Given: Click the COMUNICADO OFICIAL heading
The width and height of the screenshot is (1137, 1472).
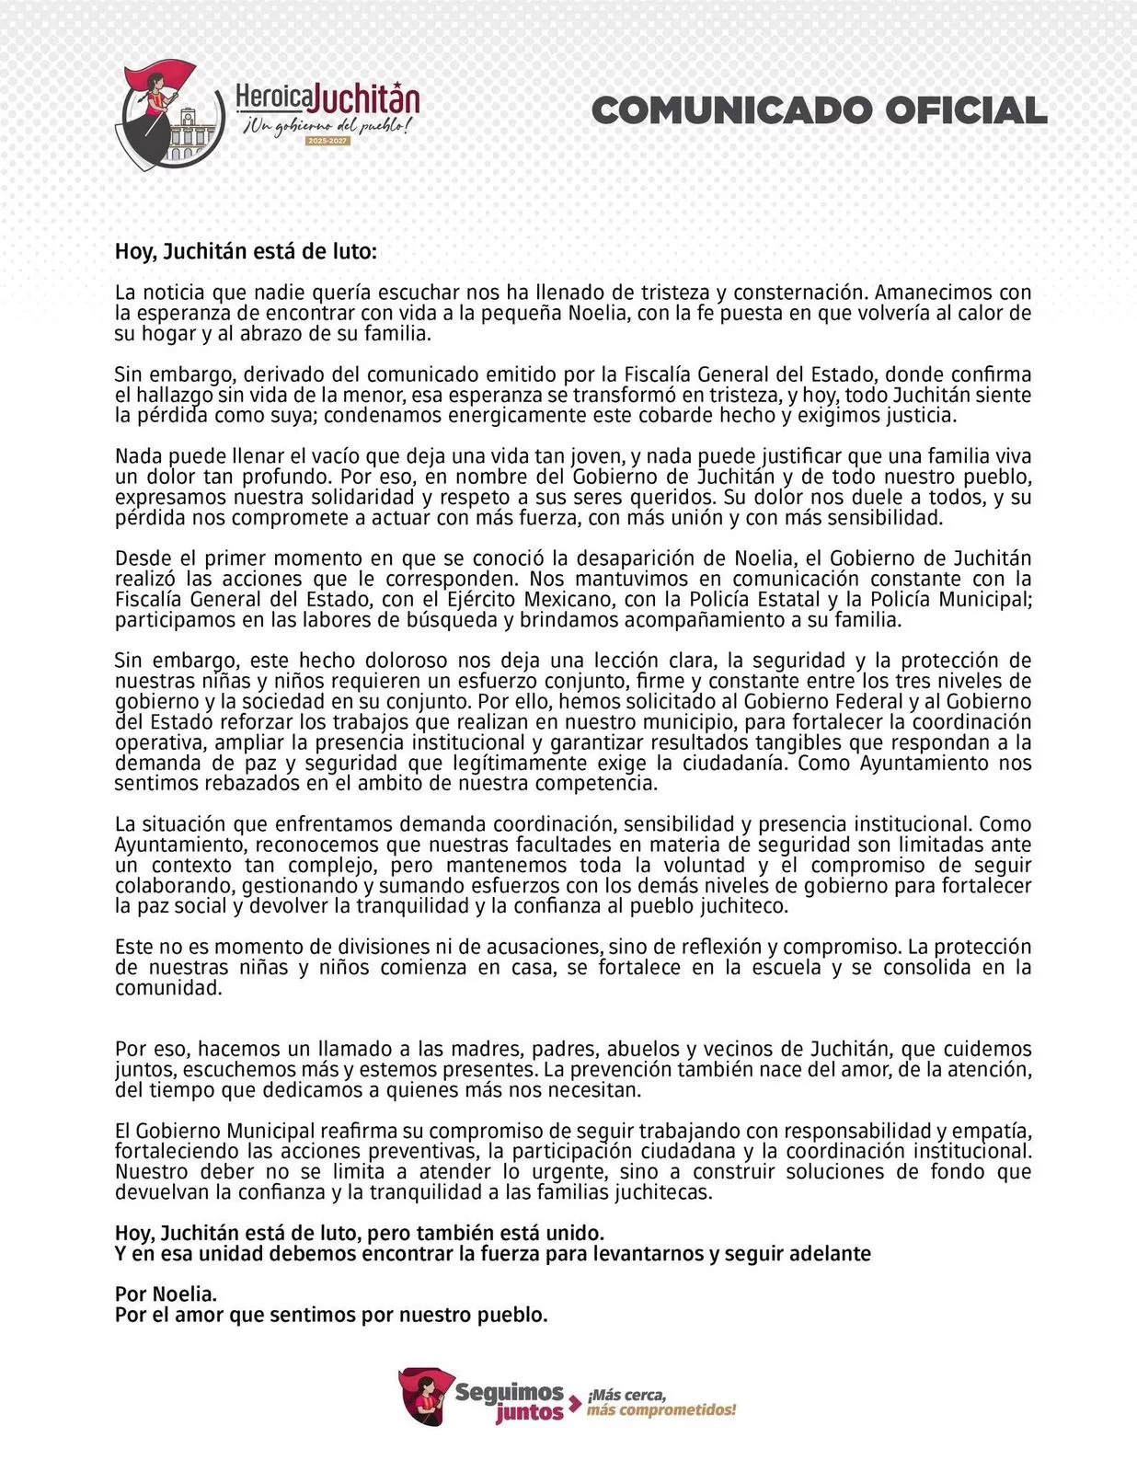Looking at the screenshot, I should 819,110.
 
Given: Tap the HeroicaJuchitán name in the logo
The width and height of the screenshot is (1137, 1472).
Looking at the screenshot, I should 327,98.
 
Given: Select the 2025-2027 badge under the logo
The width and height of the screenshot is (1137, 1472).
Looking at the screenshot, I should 327,141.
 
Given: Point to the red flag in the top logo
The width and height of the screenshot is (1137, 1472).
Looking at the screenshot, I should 170,77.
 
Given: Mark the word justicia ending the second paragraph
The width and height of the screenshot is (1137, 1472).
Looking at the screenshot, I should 914,415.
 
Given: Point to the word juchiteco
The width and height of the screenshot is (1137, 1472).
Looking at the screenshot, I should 741,906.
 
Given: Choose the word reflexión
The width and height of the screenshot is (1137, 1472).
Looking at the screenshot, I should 720,947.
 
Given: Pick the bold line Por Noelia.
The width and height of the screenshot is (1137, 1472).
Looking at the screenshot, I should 166,1294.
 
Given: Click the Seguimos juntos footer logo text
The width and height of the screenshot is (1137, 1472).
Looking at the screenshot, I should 509,1401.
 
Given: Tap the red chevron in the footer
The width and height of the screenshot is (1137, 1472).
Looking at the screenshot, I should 575,1403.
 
